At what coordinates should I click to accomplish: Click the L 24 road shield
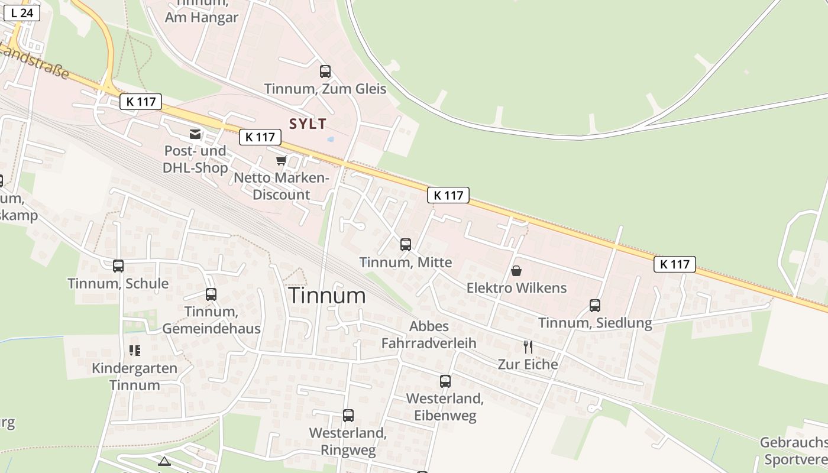tap(21, 12)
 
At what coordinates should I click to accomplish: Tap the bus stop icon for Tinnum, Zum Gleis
tap(325, 72)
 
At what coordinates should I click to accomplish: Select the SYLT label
tap(308, 124)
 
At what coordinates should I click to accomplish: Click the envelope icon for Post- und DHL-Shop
tap(195, 134)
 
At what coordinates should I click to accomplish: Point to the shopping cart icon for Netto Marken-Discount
tap(282, 160)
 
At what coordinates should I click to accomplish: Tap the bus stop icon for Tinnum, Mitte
tap(405, 245)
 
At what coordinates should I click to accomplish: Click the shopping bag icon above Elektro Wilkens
tap(516, 271)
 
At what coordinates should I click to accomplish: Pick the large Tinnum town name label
tap(327, 296)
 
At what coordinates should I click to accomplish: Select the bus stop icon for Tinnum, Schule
tap(118, 266)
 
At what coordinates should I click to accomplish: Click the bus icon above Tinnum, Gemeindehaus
tap(211, 294)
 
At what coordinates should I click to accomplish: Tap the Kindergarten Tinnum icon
tap(135, 351)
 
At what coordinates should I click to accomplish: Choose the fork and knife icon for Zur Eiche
tap(528, 347)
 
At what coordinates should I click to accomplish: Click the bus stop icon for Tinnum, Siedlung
tap(595, 306)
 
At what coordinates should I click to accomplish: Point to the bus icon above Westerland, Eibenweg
tap(445, 381)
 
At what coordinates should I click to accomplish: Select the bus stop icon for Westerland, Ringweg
tap(348, 416)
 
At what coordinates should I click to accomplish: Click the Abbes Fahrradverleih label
tap(429, 335)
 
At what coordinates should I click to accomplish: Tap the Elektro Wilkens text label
tap(516, 288)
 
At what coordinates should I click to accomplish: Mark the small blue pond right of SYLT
tap(330, 140)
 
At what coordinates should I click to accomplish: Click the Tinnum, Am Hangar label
tap(201, 13)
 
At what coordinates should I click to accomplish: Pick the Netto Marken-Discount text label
tap(281, 186)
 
